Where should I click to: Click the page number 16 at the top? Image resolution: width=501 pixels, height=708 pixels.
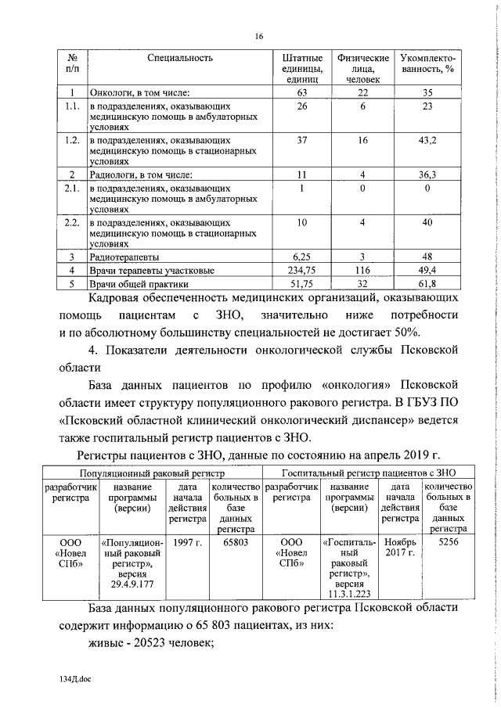click(x=258, y=37)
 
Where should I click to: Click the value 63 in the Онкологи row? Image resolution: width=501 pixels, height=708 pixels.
click(x=302, y=92)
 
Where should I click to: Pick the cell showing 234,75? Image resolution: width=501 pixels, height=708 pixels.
click(x=302, y=268)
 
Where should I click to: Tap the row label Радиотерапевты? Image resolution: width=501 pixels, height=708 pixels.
click(x=125, y=257)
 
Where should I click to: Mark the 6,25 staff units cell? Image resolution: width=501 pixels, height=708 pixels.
click(x=302, y=257)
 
